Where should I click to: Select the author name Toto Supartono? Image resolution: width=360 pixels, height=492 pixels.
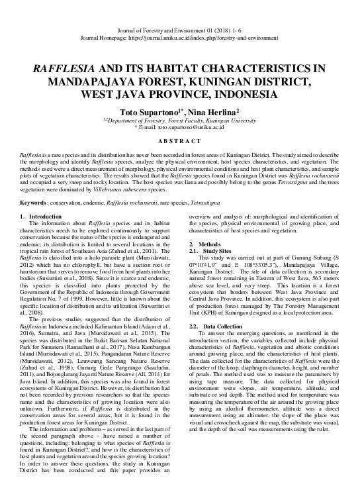(147, 113)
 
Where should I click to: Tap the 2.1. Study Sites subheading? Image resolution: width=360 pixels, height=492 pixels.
(212, 252)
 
